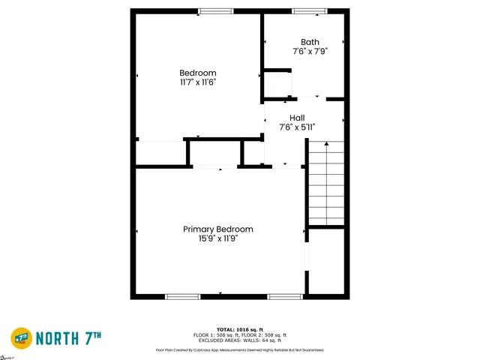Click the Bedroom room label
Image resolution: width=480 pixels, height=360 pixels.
(x=198, y=72)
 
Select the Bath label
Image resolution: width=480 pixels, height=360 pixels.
(x=310, y=42)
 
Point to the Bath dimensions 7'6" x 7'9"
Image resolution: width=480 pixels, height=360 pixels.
(x=310, y=51)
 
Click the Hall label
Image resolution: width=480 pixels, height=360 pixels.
(x=297, y=118)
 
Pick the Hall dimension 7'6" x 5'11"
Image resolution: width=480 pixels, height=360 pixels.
(x=297, y=127)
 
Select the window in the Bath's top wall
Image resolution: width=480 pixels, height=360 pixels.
(x=309, y=10)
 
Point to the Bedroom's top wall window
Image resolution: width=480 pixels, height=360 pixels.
(x=216, y=10)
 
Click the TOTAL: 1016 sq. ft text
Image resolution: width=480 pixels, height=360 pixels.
(x=239, y=329)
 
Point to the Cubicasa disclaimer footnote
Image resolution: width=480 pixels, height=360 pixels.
(x=239, y=349)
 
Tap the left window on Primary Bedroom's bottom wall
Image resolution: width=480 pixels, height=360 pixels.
(x=183, y=296)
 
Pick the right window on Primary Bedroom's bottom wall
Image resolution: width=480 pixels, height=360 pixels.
(x=285, y=296)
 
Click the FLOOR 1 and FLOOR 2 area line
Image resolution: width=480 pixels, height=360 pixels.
(x=239, y=334)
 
